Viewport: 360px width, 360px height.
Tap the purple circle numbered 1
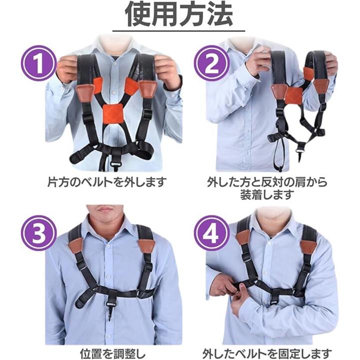tap(39, 63)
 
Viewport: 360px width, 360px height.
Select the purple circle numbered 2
tap(211, 63)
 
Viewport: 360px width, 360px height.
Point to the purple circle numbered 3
tap(39, 233)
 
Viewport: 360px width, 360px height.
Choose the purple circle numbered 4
tap(211, 233)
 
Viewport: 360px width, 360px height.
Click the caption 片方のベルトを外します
tap(107, 182)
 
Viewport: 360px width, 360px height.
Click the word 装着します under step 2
tap(267, 195)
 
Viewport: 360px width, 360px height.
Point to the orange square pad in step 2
tap(293, 95)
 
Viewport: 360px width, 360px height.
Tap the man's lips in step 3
tap(104, 209)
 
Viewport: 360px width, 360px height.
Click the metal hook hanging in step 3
tap(109, 312)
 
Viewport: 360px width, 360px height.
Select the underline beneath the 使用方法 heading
tap(178, 30)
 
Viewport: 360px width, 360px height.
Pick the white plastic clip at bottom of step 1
tap(116, 164)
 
